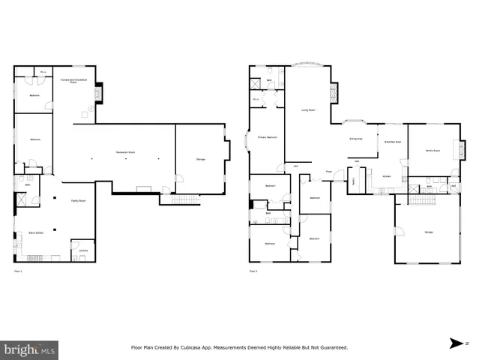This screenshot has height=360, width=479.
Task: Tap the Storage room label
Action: (x=201, y=160)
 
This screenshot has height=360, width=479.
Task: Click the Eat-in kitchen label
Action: (x=35, y=235)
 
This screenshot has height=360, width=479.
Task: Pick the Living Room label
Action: (x=307, y=109)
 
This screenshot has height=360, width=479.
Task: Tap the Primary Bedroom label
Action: (x=268, y=137)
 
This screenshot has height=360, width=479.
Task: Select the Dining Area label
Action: (x=356, y=139)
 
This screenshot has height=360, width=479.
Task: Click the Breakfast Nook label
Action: (x=393, y=141)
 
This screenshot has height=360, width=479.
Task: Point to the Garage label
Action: (x=429, y=232)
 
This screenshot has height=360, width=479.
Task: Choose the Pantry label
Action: (x=353, y=181)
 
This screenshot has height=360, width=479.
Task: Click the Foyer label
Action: (x=328, y=172)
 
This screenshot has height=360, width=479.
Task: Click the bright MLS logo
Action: (x=30, y=349)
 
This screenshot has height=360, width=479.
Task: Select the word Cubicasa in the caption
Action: (x=217, y=348)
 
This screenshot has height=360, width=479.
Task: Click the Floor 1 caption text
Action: (x=17, y=271)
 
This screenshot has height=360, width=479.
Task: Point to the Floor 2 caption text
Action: (x=253, y=271)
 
